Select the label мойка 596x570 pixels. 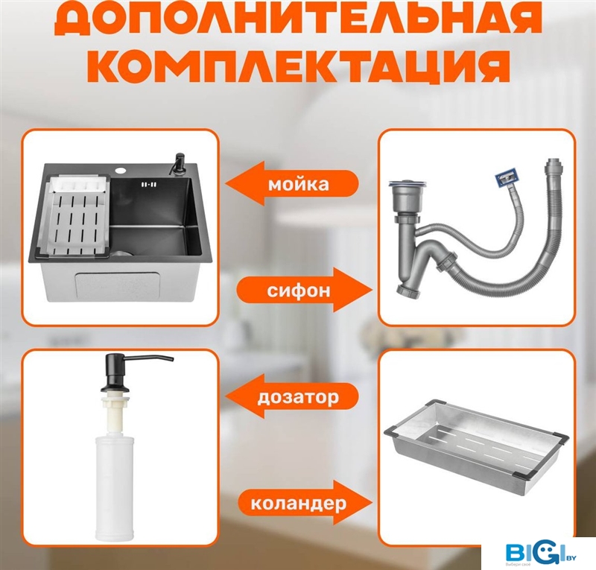tap(299, 185)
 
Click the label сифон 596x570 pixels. tap(299, 291)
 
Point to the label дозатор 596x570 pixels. tap(298, 397)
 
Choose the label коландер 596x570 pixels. tap(299, 504)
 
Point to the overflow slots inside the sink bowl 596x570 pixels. tap(148, 185)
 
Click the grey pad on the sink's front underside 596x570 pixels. tap(119, 285)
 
